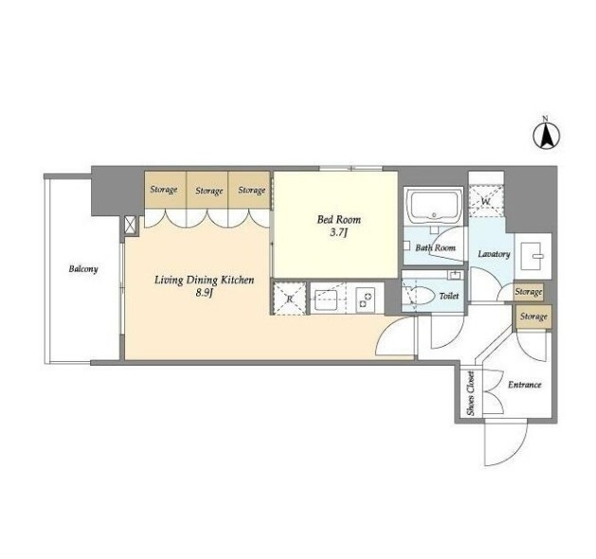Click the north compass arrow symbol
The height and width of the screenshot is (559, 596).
pyautogui.click(x=546, y=135)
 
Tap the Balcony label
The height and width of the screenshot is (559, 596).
pyautogui.click(x=83, y=269)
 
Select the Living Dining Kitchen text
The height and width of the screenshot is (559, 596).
pyautogui.click(x=204, y=280)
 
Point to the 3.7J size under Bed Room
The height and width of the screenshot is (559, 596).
pyautogui.click(x=338, y=232)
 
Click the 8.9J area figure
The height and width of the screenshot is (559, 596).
pyautogui.click(x=204, y=294)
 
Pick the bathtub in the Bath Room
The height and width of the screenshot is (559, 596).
pyautogui.click(x=434, y=206)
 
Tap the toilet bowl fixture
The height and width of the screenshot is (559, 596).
pyautogui.click(x=419, y=296)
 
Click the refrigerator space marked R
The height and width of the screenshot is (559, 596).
pyautogui.click(x=290, y=298)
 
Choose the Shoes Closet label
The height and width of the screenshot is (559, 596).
pyautogui.click(x=471, y=393)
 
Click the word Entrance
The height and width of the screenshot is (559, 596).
pyautogui.click(x=525, y=385)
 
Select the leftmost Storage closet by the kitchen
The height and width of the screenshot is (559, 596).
pyautogui.click(x=165, y=189)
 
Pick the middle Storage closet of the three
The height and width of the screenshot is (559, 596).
pyautogui.click(x=208, y=189)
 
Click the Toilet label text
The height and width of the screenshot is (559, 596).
pyautogui.click(x=449, y=296)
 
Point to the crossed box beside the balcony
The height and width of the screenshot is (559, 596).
pyautogui.click(x=130, y=224)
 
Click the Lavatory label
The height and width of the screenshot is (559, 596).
pyautogui.click(x=494, y=254)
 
